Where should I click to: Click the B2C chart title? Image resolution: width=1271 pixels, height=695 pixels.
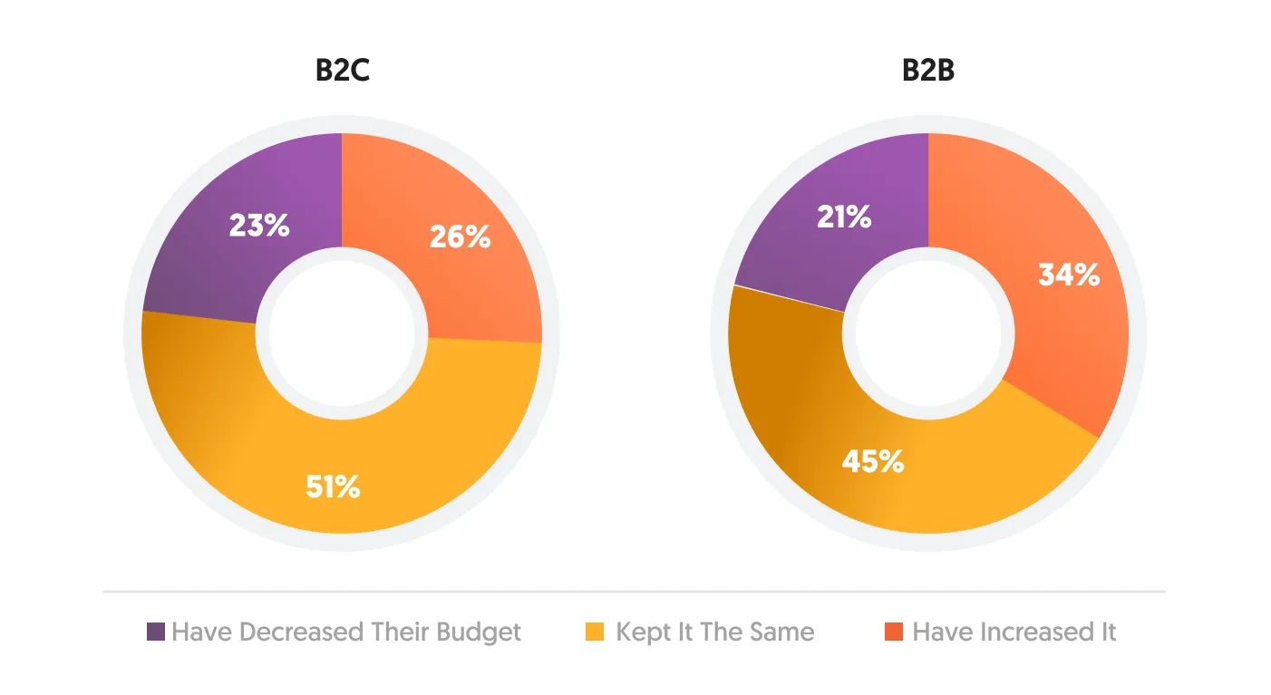[x=342, y=71]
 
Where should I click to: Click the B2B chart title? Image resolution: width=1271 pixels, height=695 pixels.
[x=927, y=71]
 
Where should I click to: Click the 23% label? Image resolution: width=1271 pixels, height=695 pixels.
[x=259, y=225]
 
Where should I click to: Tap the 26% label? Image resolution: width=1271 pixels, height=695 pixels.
[x=460, y=237]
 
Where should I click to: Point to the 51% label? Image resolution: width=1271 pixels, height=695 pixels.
[x=331, y=487]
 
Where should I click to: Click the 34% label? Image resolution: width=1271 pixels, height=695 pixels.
[x=1069, y=275]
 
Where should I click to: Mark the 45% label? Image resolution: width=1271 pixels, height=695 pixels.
[x=873, y=461]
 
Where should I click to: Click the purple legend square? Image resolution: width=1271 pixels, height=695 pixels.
[x=156, y=632]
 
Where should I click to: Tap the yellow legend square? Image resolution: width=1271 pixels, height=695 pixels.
[x=595, y=632]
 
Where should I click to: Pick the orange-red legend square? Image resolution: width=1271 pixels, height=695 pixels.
[x=892, y=632]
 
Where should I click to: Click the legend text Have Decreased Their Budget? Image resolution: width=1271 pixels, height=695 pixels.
[x=346, y=632]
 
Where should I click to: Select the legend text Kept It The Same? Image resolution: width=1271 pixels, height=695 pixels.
[x=714, y=632]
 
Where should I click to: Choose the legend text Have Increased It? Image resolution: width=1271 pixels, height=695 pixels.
[x=1014, y=632]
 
